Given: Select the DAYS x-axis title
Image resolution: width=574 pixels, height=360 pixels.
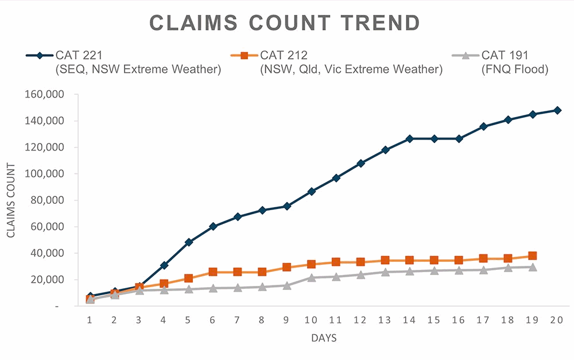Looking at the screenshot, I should pyautogui.click(x=324, y=338).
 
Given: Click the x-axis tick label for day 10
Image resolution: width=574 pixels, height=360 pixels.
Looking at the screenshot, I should pyautogui.click(x=311, y=319).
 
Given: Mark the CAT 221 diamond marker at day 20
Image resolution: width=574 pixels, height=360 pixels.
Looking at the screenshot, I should pyautogui.click(x=557, y=110).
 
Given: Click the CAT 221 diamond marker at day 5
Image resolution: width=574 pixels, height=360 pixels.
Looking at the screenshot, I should pyautogui.click(x=188, y=242).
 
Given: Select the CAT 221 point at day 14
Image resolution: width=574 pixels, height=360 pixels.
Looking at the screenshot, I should pyautogui.click(x=409, y=138).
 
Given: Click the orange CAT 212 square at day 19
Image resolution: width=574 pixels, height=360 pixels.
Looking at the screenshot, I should pyautogui.click(x=532, y=256).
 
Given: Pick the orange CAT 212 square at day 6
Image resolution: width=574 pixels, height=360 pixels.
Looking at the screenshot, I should pyautogui.click(x=213, y=272).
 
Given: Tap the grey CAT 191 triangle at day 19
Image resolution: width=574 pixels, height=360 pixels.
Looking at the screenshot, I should pyautogui.click(x=532, y=267).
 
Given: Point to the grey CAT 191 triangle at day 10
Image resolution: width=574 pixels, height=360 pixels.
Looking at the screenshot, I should pyautogui.click(x=311, y=277).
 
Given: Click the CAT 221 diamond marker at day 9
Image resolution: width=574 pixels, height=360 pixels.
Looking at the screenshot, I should pyautogui.click(x=286, y=206).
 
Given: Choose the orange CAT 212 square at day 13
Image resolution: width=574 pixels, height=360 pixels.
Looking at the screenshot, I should pyautogui.click(x=385, y=261).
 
